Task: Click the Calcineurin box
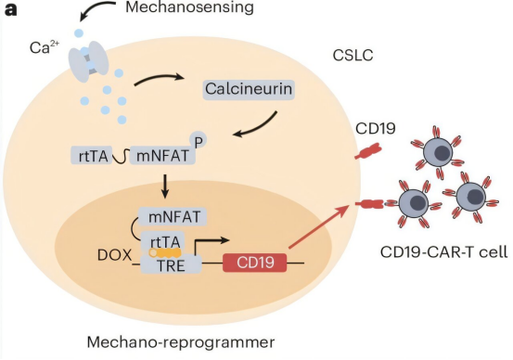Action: tap(249, 89)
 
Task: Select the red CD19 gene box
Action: tap(255, 263)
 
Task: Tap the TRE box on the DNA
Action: tap(171, 264)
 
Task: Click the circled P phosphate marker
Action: tap(198, 140)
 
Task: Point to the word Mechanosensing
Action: tap(190, 7)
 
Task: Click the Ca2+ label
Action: tap(45, 47)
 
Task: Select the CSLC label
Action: tap(353, 56)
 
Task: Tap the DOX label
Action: tap(114, 255)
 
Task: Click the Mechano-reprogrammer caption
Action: tap(181, 342)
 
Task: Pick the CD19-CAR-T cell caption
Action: tap(444, 252)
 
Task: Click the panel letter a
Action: tap(10, 9)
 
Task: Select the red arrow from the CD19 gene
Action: tap(319, 226)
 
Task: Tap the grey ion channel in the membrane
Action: tap(88, 61)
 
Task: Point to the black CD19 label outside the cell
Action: tap(376, 128)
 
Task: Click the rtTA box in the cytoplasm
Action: tap(93, 156)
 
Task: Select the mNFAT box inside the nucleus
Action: tap(173, 217)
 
